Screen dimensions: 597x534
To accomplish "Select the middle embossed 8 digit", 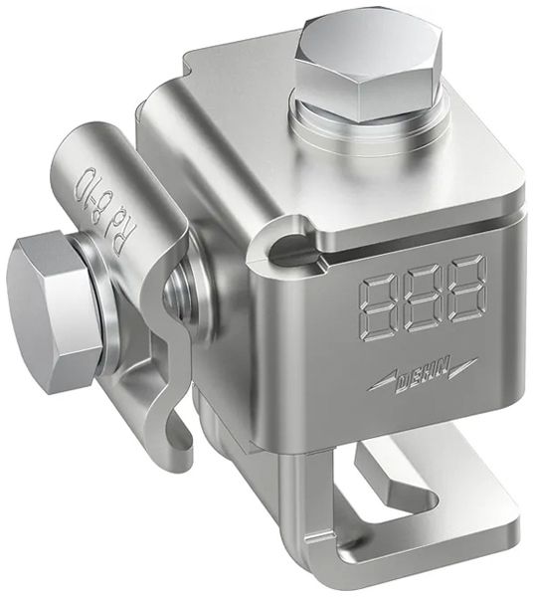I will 424,298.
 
